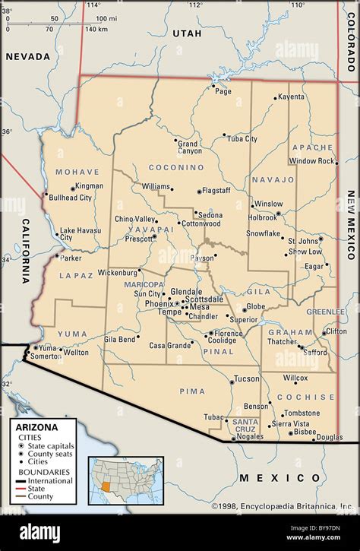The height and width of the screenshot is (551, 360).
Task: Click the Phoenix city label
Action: [159, 303]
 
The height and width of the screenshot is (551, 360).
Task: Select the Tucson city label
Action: [246, 378]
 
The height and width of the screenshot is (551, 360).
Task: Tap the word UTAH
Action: [186, 33]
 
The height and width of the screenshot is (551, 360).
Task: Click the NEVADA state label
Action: [27, 56]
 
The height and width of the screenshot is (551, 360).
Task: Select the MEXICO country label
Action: [279, 477]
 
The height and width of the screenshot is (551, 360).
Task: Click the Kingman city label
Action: [89, 186]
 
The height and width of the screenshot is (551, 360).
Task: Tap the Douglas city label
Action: [329, 437]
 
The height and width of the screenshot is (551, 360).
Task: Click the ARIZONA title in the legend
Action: [35, 427]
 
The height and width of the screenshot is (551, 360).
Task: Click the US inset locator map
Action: [125, 480]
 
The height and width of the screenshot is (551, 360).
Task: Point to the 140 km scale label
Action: [96, 30]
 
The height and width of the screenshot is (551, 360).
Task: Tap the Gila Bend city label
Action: [120, 339]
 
